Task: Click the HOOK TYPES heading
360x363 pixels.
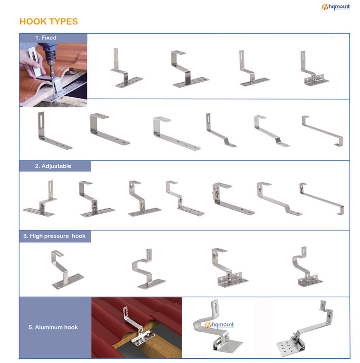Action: click(x=48, y=21)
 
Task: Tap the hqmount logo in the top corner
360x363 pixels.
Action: click(x=335, y=7)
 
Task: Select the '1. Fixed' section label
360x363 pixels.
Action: click(x=46, y=38)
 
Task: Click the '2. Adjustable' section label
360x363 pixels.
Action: click(x=53, y=166)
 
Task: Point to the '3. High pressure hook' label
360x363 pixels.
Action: click(x=54, y=236)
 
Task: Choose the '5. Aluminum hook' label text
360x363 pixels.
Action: click(x=53, y=327)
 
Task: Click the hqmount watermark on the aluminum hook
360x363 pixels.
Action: click(x=219, y=325)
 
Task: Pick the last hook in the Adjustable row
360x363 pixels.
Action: click(x=322, y=198)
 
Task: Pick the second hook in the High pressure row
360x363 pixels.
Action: click(x=148, y=269)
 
